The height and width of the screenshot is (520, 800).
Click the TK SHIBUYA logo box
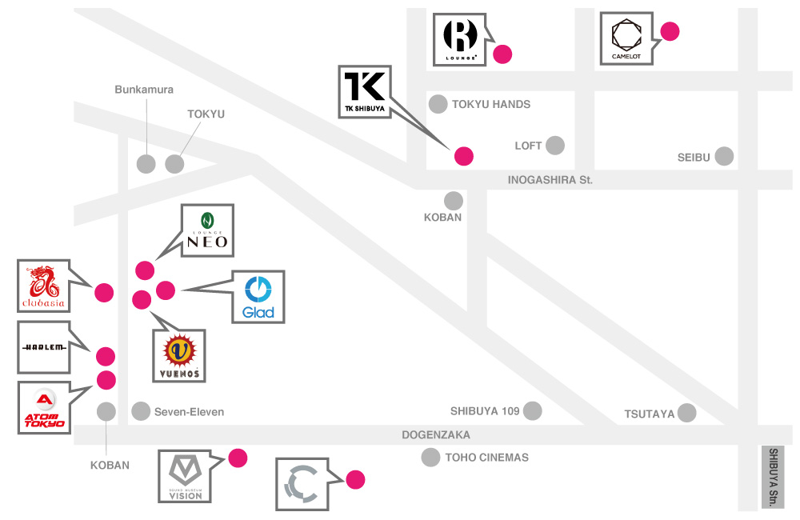[365, 90]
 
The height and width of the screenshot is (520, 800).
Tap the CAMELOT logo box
[626, 38]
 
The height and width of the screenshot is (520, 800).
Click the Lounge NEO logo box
[208, 230]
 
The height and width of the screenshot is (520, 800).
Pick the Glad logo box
[258, 296]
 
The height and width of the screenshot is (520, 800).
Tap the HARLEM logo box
[44, 347]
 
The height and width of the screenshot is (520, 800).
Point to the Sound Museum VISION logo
[185, 477]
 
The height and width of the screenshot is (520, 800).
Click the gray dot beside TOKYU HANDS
[438, 104]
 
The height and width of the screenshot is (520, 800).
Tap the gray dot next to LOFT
[554, 146]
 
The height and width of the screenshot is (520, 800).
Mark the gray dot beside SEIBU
[724, 156]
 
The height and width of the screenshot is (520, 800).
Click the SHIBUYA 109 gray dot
[532, 411]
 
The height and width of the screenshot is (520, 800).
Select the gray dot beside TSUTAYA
[686, 413]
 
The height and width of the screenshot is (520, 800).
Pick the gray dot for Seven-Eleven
[141, 411]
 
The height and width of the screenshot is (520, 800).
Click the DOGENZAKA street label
[435, 435]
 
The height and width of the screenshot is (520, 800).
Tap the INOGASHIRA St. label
[550, 180]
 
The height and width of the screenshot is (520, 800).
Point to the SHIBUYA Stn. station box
[773, 477]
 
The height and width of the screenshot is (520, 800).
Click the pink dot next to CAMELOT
[670, 32]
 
